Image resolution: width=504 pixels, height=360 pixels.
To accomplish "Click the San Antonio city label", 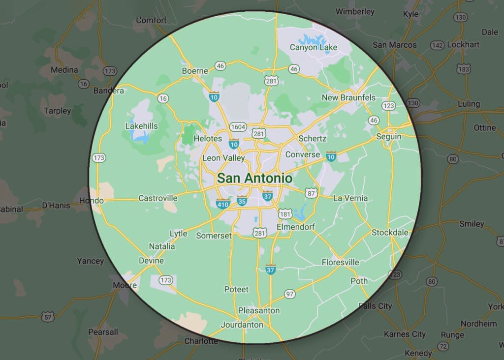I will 254,178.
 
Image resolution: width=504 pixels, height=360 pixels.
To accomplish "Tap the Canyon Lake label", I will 314,48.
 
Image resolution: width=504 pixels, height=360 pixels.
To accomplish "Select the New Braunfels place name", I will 348,97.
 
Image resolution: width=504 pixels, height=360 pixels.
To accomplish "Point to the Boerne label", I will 195,71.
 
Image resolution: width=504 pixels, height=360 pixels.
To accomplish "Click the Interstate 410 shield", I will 223,203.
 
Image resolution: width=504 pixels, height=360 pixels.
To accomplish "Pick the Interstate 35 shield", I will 242,201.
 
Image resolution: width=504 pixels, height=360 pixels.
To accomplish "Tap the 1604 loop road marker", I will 238,127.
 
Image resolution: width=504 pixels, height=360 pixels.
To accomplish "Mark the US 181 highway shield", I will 285,214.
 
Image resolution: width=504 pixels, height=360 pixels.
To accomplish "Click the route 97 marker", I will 290,294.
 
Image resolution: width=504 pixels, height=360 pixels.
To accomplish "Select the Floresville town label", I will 341,262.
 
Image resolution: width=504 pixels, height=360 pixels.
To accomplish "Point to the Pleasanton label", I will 259,310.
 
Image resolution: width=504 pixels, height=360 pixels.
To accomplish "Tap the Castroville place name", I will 157,198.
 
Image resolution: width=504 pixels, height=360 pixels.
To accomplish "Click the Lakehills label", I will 141,126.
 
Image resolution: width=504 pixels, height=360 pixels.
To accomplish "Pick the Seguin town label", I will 388,136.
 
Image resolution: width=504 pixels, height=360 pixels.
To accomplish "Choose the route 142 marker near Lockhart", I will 437,45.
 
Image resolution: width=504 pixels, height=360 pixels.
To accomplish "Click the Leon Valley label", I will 224,158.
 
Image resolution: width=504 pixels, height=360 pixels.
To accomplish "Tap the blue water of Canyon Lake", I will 311,38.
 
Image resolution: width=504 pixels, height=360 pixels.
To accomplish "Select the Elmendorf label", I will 295,227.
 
